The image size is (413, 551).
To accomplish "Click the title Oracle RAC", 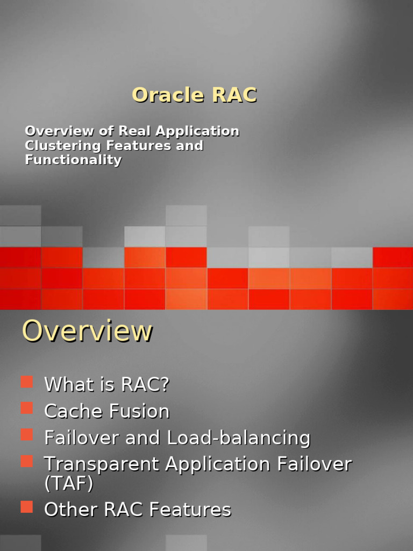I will click(x=194, y=95).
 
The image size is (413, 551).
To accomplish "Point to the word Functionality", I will click(x=73, y=160).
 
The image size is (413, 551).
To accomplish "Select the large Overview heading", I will click(x=87, y=331).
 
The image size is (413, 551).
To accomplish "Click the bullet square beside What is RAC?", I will click(x=27, y=382).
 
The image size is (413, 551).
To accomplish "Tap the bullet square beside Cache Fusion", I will click(x=27, y=408).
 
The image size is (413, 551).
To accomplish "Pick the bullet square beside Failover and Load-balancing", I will click(x=27, y=435).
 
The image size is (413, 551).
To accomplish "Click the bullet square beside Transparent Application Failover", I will click(x=27, y=461).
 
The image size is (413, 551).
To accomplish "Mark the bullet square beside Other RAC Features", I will click(x=27, y=506).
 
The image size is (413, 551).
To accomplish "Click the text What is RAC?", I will click(x=106, y=385).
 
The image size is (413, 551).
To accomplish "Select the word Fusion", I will click(x=139, y=412).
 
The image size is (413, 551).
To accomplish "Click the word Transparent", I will click(x=102, y=464).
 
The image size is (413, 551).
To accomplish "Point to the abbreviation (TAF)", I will click(x=68, y=484).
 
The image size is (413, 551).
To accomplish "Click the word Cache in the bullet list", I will click(x=74, y=412).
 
